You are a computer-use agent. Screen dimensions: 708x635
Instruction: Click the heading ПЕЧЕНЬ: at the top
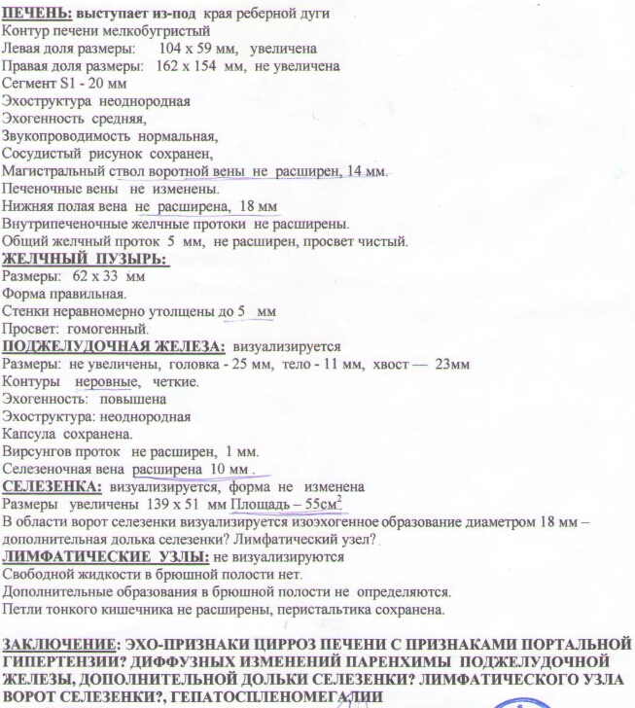coord(36,11)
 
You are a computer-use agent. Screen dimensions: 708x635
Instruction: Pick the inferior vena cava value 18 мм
coord(261,207)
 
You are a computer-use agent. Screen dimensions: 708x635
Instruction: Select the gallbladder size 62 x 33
coord(88,276)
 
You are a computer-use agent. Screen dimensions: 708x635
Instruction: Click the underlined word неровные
coord(103,381)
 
